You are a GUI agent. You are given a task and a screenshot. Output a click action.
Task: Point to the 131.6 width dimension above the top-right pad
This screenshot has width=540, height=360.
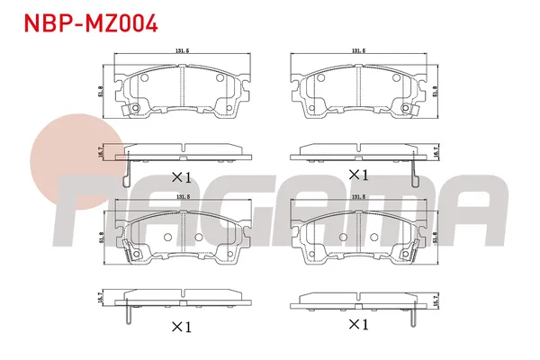tap(359, 52)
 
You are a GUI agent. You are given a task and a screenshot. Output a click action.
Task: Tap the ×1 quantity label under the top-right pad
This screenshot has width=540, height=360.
tap(359, 174)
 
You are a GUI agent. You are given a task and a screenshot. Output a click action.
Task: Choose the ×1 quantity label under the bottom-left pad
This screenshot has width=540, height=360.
tap(182, 328)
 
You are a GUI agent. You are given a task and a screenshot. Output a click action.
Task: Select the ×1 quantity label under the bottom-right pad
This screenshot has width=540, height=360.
tap(358, 323)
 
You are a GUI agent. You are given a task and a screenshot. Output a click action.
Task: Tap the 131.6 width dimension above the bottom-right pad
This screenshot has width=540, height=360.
tap(359, 197)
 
